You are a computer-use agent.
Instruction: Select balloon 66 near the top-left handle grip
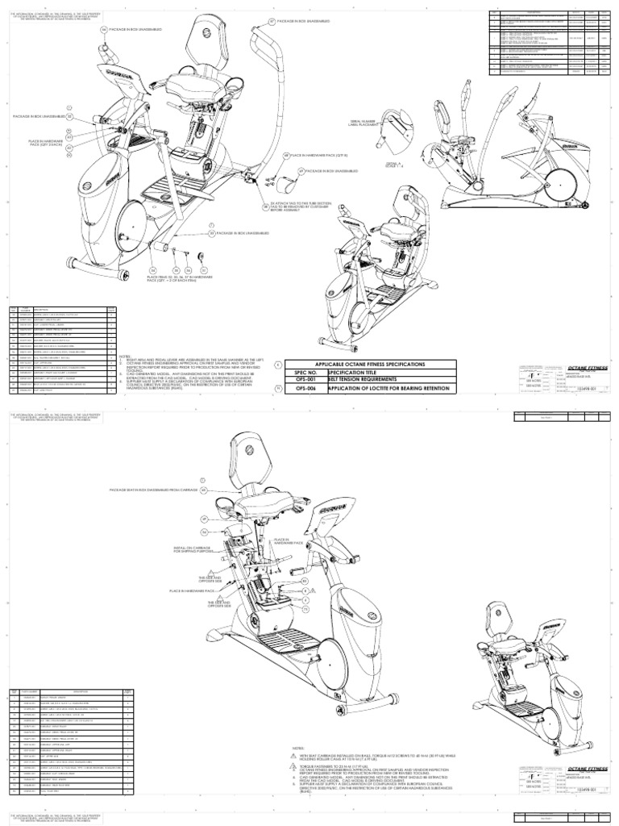click(x=103, y=30)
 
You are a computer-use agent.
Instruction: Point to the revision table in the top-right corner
click(x=551, y=44)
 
